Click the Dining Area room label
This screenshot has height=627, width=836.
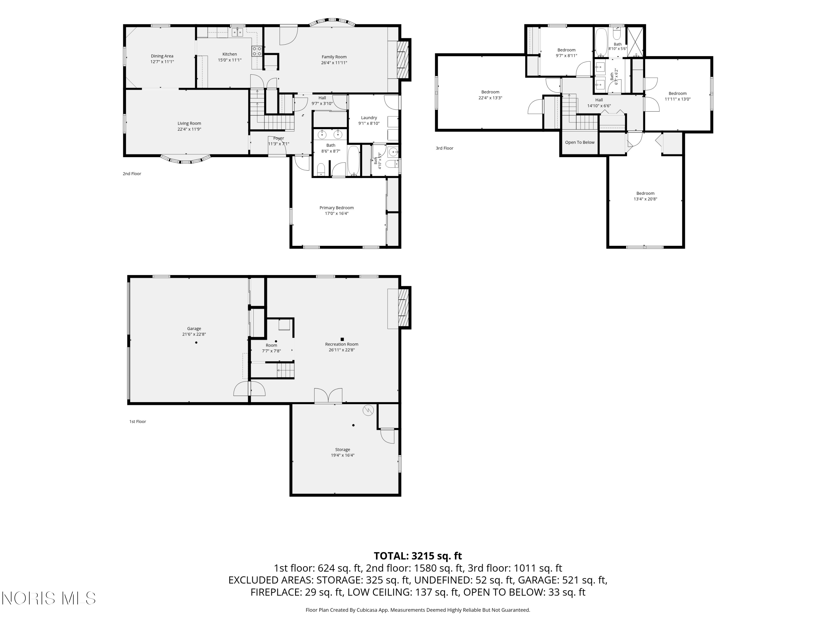coord(162,56)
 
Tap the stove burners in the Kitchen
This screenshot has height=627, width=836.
coord(257,51)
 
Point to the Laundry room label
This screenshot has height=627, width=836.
coord(369,118)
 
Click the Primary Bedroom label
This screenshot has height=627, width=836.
coord(337,208)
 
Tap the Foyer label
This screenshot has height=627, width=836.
coord(279,138)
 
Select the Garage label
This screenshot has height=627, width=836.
coord(194,329)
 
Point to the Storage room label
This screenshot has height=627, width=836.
coord(342,450)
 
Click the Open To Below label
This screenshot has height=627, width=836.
coord(580,142)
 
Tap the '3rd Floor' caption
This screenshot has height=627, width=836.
coord(444,148)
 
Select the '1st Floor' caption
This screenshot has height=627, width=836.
coord(138,421)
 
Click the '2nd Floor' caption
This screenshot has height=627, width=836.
coord(132,174)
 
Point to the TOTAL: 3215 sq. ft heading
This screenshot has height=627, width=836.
coord(418,556)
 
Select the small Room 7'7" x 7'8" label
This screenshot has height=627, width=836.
coord(271,348)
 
